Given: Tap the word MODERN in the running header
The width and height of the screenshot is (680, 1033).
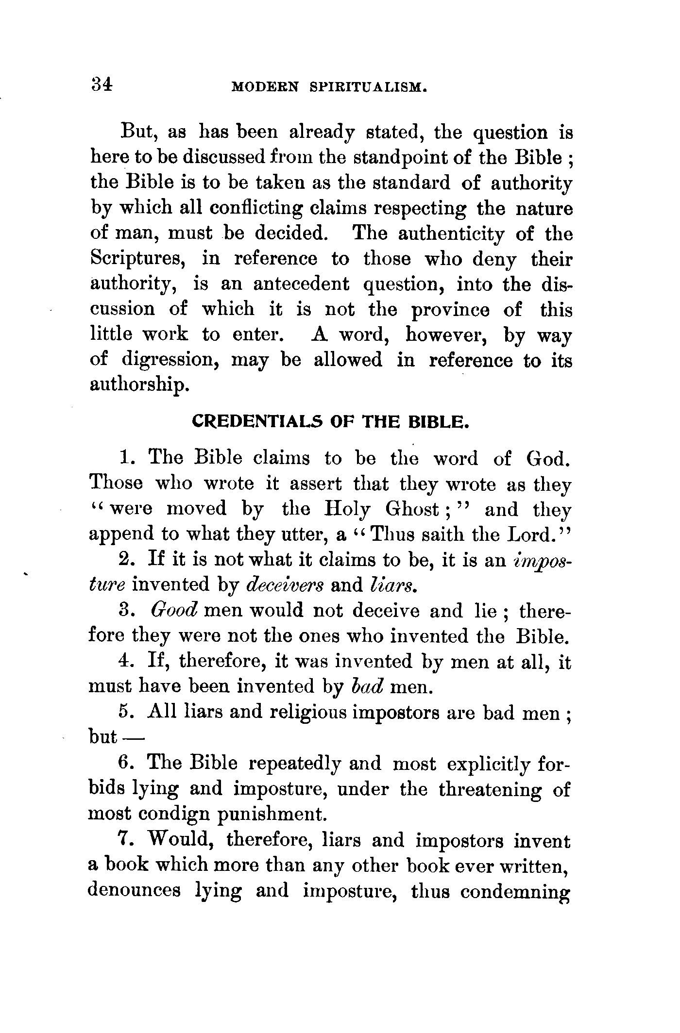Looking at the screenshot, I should tap(265, 87).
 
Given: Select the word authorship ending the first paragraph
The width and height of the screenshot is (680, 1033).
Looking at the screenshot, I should tap(138, 386).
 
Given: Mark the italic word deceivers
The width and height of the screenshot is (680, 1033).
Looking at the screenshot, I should tap(285, 584).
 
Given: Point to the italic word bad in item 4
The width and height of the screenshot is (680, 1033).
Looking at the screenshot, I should tap(367, 686).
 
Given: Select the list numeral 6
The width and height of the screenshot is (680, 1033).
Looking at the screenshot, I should tap(123, 763).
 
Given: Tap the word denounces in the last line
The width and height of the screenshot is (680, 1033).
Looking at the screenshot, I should tap(135, 890).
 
